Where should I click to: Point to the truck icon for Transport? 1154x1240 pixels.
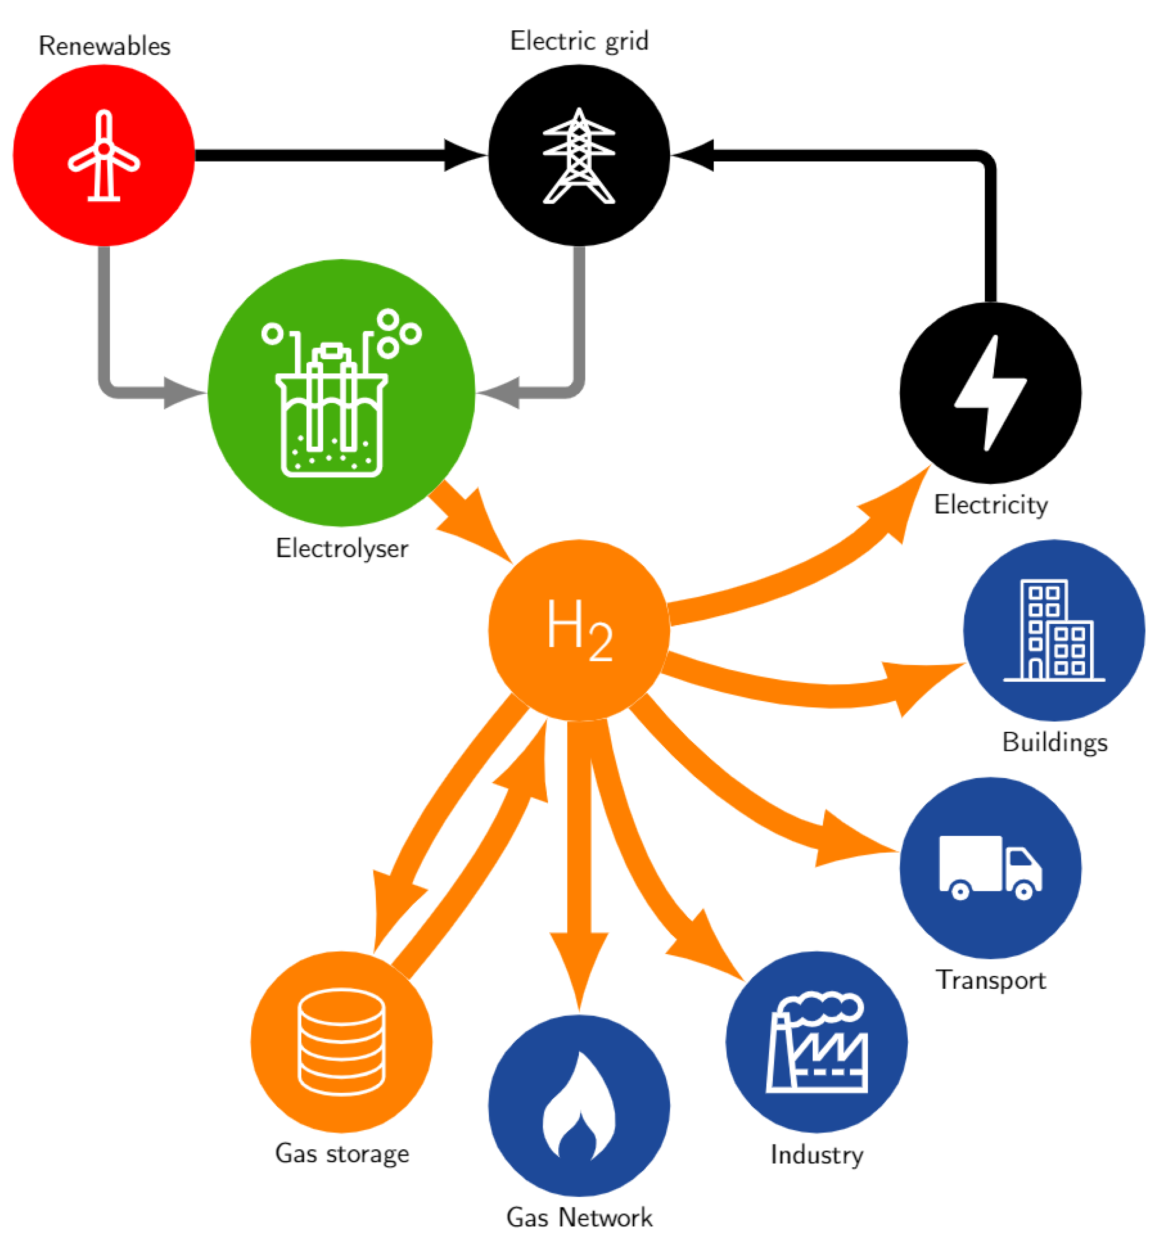click(989, 867)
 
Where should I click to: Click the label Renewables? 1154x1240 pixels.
click(104, 46)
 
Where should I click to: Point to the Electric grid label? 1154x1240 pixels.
click(578, 41)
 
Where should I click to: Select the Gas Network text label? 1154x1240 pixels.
click(578, 1217)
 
